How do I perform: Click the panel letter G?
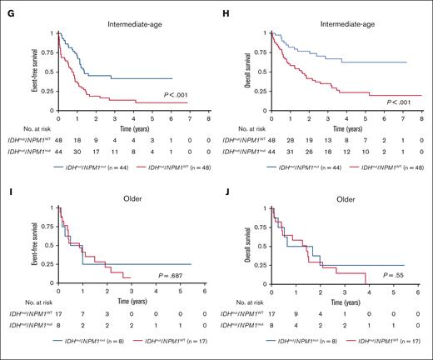(6, 9)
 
